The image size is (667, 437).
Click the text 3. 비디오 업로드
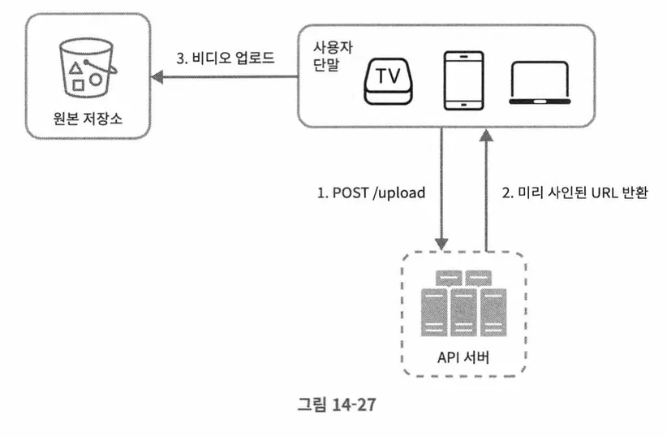226,59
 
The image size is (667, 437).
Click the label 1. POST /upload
371,194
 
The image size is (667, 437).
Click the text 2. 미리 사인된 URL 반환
574,194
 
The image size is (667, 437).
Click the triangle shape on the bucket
75,68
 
